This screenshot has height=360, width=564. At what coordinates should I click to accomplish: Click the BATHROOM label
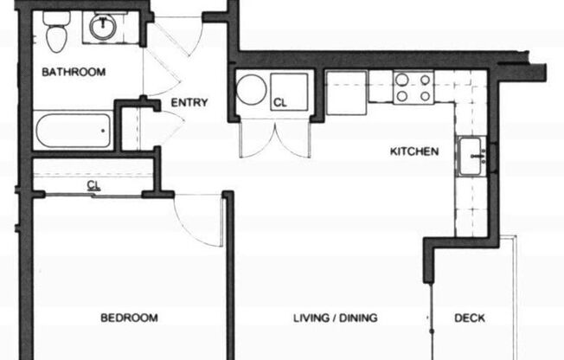pyautogui.click(x=74, y=72)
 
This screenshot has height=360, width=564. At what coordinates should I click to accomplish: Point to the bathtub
pyautogui.click(x=73, y=131)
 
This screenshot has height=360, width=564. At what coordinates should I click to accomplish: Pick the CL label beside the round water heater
pyautogui.click(x=279, y=102)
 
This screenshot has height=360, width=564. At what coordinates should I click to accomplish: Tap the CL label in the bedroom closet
pyautogui.click(x=92, y=184)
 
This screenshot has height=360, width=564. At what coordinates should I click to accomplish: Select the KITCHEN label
pyautogui.click(x=414, y=151)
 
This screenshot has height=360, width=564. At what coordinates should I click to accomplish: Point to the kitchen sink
pyautogui.click(x=474, y=157)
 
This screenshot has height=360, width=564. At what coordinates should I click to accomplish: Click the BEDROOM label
pyautogui.click(x=130, y=318)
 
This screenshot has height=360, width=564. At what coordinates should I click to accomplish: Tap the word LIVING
pyautogui.click(x=309, y=318)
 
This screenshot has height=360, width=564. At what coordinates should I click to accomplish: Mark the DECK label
pyautogui.click(x=471, y=318)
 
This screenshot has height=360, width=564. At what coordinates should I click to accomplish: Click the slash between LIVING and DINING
pyautogui.click(x=333, y=318)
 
